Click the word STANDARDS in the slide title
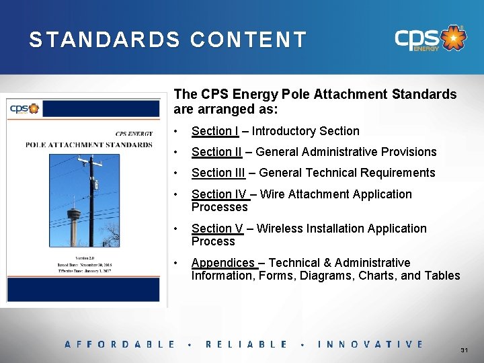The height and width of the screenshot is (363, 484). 104,40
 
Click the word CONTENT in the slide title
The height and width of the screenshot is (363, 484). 248,40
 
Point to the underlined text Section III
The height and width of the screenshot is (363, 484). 218,173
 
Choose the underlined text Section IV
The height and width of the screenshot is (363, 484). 219,194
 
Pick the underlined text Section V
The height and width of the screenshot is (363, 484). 216,229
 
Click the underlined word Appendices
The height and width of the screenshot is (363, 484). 223,263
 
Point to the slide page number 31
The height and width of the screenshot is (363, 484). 464,351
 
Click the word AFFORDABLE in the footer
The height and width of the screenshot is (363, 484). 120,344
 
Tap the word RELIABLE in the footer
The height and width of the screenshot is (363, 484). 246,344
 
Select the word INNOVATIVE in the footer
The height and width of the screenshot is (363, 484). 370,344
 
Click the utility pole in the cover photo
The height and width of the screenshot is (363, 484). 91,202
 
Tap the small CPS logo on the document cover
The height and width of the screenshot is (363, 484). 24,108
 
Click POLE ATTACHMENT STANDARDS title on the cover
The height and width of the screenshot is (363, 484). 89,144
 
